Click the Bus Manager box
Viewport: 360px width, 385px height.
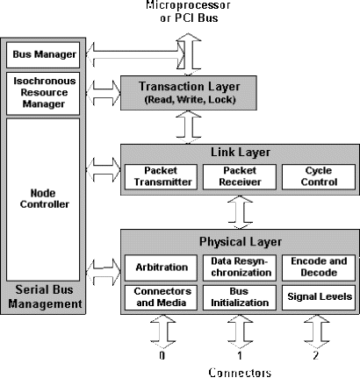point(43,55)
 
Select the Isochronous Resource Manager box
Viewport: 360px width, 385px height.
point(43,93)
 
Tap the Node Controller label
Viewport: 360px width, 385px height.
point(44,198)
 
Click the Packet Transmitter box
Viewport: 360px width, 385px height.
point(161,177)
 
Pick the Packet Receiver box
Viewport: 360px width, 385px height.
point(240,177)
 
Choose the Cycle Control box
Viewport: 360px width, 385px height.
point(319,177)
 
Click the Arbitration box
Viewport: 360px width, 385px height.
point(161,267)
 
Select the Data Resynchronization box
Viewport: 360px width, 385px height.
point(240,267)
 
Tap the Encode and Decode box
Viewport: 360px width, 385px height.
point(319,267)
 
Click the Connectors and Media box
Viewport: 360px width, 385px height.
point(161,297)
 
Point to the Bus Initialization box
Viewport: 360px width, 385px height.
point(240,297)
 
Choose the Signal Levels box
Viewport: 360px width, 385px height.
point(319,297)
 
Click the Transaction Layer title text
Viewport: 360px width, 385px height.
point(190,87)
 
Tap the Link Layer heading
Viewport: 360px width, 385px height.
point(241,152)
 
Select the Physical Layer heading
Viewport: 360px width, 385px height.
point(241,242)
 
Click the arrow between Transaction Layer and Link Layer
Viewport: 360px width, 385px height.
point(189,127)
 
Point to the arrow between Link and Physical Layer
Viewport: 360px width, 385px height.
point(240,212)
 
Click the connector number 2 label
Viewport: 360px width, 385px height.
point(315,355)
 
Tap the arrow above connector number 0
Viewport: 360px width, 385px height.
point(163,332)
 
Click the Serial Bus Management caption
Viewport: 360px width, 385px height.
point(45,296)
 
